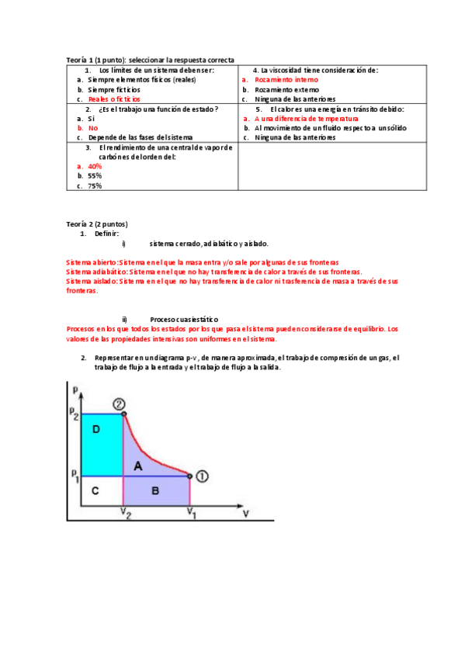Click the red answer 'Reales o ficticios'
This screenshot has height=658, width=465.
tap(114, 99)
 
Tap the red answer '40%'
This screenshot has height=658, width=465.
tap(95, 166)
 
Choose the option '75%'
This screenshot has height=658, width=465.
tap(95, 186)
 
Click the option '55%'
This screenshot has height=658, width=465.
tap(95, 176)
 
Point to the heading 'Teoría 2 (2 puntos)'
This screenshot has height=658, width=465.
tap(97, 223)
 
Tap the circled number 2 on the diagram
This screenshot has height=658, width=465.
tap(119, 403)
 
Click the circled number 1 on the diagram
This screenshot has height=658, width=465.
tap(201, 476)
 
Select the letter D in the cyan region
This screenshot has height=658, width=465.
tap(95, 429)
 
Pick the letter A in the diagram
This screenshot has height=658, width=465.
tap(138, 466)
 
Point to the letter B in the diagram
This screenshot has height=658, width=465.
tap(155, 490)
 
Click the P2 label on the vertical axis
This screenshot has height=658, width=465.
tap(73, 414)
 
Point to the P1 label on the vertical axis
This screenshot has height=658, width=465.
tap(73, 474)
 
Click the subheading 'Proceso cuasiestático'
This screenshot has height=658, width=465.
tap(184, 319)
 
